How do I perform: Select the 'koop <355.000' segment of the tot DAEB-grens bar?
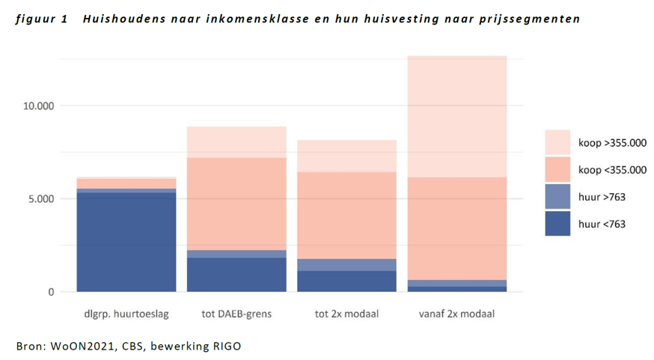[x=236, y=204]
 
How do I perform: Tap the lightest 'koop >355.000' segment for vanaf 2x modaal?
[x=456, y=116]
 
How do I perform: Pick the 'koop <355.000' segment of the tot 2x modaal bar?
[x=346, y=216]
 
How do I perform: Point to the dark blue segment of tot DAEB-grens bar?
[x=236, y=275]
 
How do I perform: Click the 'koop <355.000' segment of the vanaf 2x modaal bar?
[x=456, y=228]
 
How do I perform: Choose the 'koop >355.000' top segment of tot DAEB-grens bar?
[x=236, y=142]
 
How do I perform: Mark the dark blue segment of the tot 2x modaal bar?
[x=346, y=281]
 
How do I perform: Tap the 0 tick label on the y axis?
[x=52, y=292]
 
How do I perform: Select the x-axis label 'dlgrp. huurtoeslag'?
[x=126, y=314]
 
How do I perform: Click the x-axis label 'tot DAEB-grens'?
[x=236, y=314]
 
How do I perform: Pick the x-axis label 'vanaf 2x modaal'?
[x=456, y=314]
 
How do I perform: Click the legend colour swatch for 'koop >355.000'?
[x=557, y=143]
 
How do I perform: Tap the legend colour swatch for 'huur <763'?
[x=557, y=224]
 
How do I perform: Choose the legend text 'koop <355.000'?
[x=612, y=170]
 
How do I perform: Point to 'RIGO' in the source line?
[x=225, y=346]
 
